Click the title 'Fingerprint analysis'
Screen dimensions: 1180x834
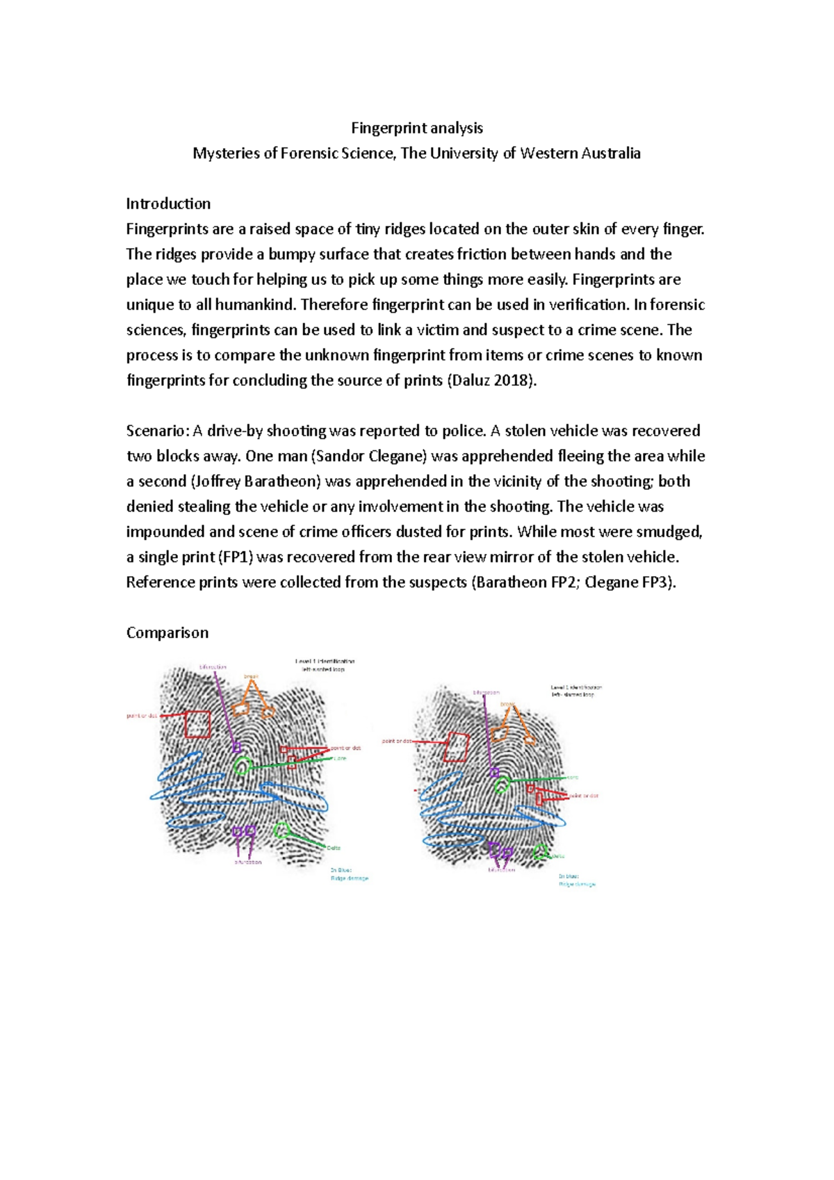pos(416,128)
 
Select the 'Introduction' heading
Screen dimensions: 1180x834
pos(168,204)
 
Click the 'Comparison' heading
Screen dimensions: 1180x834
pos(167,632)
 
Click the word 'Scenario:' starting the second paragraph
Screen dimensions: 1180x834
pos(157,431)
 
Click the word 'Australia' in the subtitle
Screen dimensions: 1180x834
pos(610,154)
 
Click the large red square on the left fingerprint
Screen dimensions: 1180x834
pos(197,724)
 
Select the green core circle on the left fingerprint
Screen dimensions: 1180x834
pos(242,767)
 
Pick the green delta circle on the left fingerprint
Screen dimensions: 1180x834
pos(281,829)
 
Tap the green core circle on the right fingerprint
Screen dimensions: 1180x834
pos(502,785)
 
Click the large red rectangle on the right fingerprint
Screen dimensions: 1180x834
pos(456,747)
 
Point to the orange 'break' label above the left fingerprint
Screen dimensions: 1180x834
pos(251,676)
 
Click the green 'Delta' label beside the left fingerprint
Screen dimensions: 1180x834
pos(334,848)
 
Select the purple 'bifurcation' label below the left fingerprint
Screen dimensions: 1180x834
pos(248,862)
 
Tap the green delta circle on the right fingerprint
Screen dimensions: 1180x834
pos(540,852)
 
